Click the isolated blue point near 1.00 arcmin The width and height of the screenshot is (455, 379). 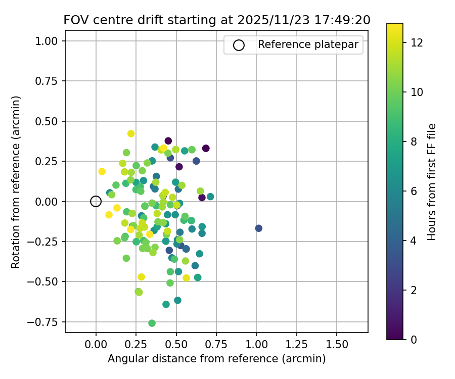pos(258,228)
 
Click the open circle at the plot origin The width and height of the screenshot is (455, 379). pos(96,201)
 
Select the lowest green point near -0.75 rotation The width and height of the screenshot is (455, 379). pos(152,323)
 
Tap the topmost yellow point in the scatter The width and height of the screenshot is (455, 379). pos(131,133)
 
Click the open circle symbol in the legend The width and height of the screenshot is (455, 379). pos(239,45)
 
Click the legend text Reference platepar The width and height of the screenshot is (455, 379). pos(308,44)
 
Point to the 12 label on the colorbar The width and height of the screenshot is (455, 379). pos(417,42)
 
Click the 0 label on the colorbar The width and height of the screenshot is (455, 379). pos(414,339)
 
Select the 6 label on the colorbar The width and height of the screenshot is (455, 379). pos(414,191)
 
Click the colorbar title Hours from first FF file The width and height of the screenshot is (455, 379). pos(432,182)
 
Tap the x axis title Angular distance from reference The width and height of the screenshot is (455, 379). pos(216,359)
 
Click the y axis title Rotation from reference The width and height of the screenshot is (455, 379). pos(16,181)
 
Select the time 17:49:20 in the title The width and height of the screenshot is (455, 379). pos(344,20)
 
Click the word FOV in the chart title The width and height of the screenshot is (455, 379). pos(75,20)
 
